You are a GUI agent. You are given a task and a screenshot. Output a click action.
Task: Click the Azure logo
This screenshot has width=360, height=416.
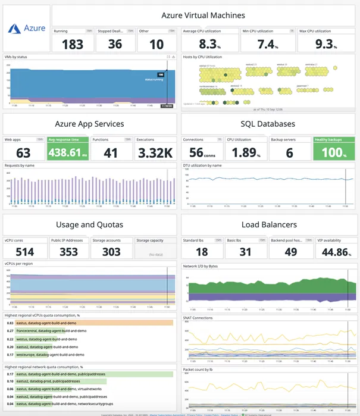(27, 28)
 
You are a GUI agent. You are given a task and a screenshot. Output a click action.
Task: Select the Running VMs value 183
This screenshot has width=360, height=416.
(73, 44)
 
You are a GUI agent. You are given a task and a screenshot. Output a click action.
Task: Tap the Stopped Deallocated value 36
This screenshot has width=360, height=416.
(115, 44)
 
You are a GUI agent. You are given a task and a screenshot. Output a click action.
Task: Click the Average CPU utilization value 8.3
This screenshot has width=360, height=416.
(209, 44)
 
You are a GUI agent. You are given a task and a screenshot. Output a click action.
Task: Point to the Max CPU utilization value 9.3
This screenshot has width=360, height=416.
(325, 44)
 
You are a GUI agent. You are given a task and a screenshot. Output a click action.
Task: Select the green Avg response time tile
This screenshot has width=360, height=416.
(68, 149)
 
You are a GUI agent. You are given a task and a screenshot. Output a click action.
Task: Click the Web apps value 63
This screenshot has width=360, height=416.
(23, 152)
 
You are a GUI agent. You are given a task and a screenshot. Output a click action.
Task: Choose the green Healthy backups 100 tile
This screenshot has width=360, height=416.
(334, 149)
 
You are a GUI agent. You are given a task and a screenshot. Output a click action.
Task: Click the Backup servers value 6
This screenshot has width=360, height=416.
(289, 152)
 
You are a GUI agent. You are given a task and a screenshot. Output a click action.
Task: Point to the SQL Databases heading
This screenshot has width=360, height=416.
(268, 124)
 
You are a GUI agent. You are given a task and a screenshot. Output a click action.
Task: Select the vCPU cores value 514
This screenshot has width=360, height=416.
(24, 252)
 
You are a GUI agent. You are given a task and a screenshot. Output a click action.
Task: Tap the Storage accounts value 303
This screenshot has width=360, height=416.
(111, 252)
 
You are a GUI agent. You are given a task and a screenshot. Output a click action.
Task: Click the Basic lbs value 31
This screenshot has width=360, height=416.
(245, 252)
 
